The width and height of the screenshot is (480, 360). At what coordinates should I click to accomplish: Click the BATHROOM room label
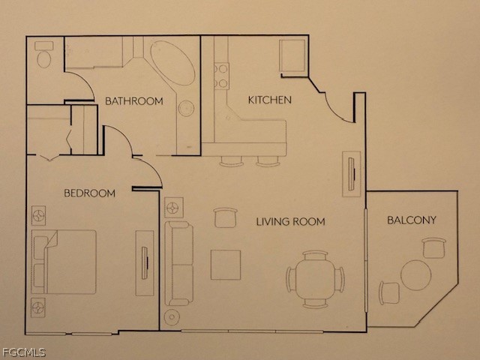click(x=134, y=101)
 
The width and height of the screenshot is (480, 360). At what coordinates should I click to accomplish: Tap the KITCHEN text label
click(x=270, y=100)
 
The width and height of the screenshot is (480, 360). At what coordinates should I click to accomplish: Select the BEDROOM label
click(x=90, y=193)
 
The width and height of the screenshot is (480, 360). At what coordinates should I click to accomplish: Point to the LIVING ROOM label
click(x=290, y=221)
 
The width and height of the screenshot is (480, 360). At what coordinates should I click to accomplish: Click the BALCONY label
click(x=412, y=220)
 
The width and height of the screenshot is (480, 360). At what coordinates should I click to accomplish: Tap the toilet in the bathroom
click(x=43, y=55)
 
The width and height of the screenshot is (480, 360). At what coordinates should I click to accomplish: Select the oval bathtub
click(x=172, y=63)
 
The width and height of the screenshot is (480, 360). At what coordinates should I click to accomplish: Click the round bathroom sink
click(x=186, y=108)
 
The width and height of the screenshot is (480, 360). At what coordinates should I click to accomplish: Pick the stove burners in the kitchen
click(x=222, y=76)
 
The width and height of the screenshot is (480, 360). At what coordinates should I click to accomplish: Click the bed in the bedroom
click(x=64, y=262)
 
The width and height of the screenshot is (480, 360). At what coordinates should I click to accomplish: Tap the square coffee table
click(x=226, y=265)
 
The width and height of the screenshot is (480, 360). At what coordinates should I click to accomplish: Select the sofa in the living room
click(x=179, y=263)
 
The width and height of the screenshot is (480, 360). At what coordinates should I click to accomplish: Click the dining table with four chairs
click(x=315, y=279)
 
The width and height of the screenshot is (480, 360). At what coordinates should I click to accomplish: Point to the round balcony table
click(x=416, y=275)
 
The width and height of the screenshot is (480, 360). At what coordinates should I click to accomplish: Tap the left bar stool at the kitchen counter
click(x=232, y=161)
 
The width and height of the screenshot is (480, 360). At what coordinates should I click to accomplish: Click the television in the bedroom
click(x=145, y=263)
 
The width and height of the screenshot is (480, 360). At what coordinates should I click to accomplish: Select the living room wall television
click(x=352, y=174)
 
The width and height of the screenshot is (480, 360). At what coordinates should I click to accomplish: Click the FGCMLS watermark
click(x=23, y=352)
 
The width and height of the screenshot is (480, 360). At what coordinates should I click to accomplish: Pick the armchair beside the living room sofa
click(x=226, y=217)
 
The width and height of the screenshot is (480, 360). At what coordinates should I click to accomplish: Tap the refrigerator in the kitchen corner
click(x=292, y=55)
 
